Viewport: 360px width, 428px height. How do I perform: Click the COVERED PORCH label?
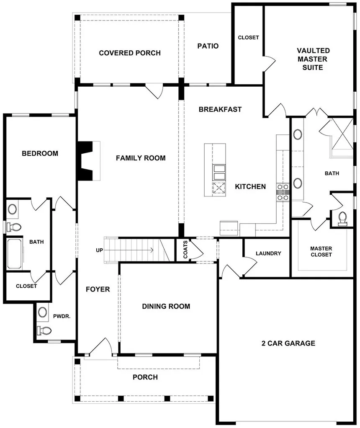(130, 53)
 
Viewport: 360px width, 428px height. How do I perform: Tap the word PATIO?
(208, 46)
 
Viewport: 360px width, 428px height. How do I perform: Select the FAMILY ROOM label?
(141, 158)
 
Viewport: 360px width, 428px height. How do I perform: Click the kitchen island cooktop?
(219, 188)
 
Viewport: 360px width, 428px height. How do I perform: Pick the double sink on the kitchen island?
(219, 172)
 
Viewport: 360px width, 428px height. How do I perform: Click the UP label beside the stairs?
(99, 250)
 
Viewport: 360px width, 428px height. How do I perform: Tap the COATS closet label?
(185, 250)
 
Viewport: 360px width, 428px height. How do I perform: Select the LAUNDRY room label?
(268, 253)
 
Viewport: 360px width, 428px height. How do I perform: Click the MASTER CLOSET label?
(321, 251)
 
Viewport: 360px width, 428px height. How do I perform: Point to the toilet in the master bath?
(342, 219)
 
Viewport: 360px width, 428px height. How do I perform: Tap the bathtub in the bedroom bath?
(15, 254)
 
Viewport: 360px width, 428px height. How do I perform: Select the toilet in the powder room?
(44, 330)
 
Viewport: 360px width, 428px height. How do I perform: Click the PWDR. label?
(62, 316)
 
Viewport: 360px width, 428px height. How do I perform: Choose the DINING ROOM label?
(166, 306)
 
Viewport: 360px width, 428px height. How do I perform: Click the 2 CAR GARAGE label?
(288, 343)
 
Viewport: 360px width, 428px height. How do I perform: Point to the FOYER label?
(98, 289)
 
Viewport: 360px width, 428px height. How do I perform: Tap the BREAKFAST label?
(220, 109)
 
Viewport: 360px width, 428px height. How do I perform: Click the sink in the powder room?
(42, 312)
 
